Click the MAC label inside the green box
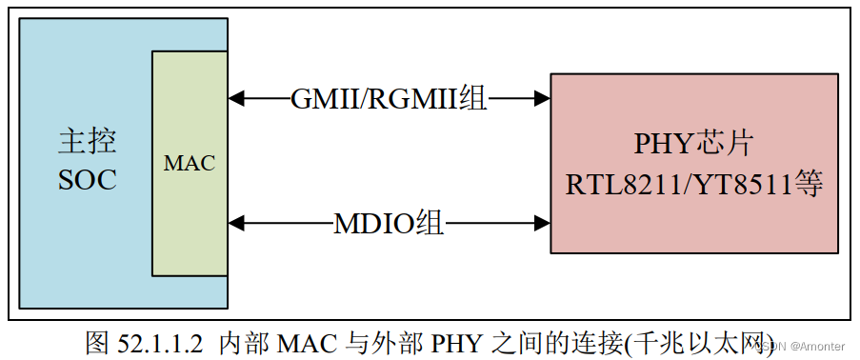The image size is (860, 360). click(x=189, y=163)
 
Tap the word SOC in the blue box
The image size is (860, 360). click(x=87, y=180)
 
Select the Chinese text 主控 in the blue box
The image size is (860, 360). click(x=87, y=143)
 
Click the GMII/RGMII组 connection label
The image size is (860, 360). click(x=389, y=97)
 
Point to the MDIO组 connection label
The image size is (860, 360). click(x=389, y=224)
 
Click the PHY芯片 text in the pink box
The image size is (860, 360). click(x=694, y=145)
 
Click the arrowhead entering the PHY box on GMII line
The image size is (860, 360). click(x=543, y=97)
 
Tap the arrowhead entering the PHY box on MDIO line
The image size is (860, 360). click(x=543, y=224)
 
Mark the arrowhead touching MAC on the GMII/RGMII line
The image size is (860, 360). click(x=236, y=97)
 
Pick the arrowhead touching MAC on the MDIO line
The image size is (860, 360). click(x=236, y=224)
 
